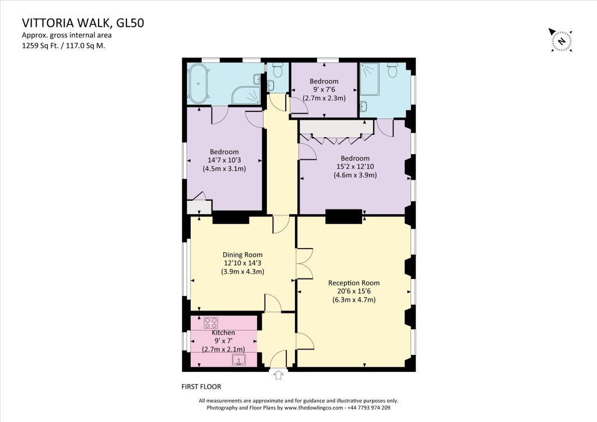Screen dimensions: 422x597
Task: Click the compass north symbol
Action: [x=560, y=40]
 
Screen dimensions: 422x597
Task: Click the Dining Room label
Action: [x=243, y=254]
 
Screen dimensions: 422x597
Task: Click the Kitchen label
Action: [x=223, y=333]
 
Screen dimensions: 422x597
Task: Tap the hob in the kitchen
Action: [x=211, y=322]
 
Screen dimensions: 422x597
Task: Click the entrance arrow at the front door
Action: [x=278, y=375]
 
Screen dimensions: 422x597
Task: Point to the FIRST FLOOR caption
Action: [x=201, y=386]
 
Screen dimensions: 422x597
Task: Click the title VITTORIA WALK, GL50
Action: [x=83, y=23]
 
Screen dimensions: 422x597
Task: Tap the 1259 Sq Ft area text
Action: [x=66, y=44]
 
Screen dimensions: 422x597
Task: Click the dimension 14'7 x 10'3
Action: [x=223, y=161]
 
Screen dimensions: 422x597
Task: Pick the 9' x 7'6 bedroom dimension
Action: [x=324, y=89]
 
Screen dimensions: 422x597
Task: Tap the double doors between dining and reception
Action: [x=304, y=263]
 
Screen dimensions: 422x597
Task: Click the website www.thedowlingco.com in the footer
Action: [x=312, y=407]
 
